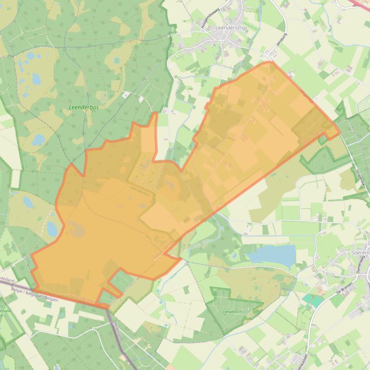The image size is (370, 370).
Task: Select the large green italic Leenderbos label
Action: coord(84,107)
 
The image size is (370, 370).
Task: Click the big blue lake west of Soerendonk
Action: coord(272,254)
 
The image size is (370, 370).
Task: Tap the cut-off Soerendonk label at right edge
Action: coord(360,252)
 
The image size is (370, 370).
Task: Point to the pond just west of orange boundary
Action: coord(52,228)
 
